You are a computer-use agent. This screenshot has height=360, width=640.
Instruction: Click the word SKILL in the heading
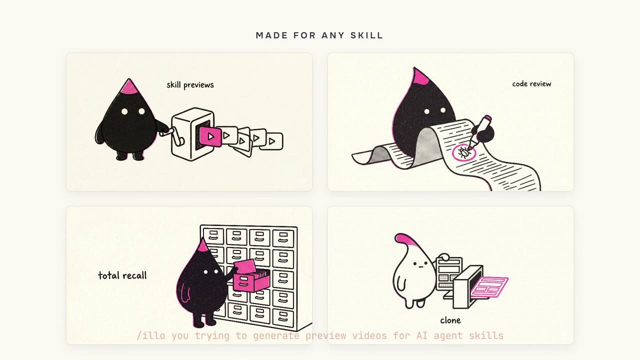(x=366, y=35)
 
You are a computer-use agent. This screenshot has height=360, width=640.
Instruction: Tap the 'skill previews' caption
(x=190, y=85)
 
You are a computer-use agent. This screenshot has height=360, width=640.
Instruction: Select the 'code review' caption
(x=531, y=83)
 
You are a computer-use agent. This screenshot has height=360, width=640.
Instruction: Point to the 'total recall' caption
(x=122, y=275)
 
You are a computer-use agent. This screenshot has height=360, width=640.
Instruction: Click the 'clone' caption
(x=450, y=320)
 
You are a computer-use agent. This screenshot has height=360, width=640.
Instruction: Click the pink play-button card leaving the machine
(x=210, y=136)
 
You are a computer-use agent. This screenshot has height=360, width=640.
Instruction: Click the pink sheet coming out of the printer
(x=489, y=287)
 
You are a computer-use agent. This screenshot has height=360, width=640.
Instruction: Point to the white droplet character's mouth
(x=420, y=267)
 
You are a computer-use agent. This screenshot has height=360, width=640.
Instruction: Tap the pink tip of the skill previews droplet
(x=129, y=87)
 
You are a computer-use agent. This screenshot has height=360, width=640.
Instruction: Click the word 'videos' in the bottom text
(x=369, y=335)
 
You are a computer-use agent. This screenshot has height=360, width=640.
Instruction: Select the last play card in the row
(x=272, y=141)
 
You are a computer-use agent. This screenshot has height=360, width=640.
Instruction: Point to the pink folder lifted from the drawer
(x=245, y=266)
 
